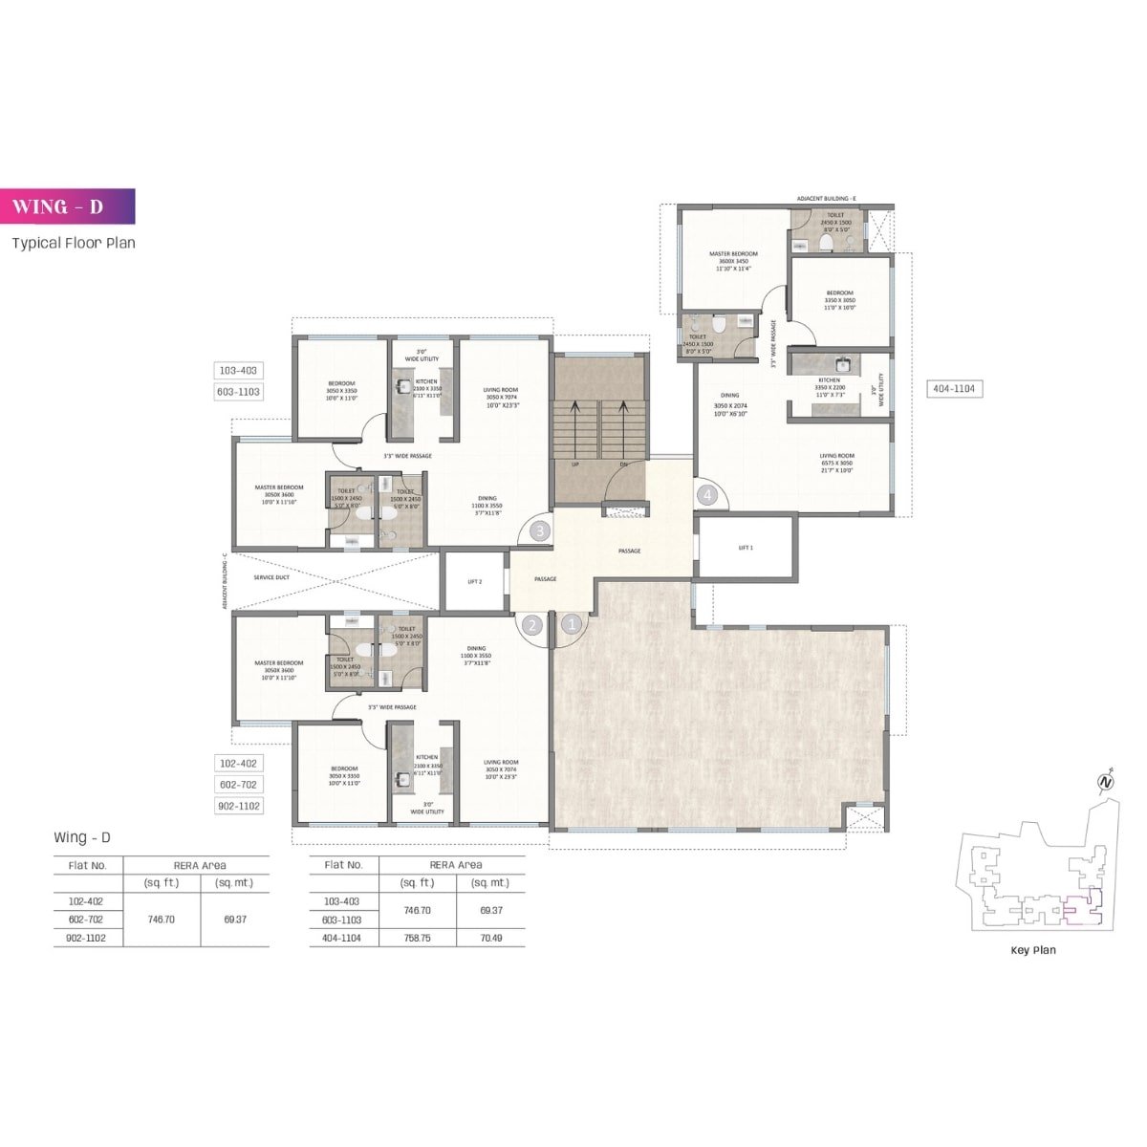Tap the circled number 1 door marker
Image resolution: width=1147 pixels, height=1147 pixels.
tap(572, 625)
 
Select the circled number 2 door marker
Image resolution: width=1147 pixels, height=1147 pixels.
tap(532, 626)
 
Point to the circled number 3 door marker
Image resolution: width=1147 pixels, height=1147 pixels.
tap(540, 530)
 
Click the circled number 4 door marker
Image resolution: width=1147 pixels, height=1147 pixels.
tap(707, 495)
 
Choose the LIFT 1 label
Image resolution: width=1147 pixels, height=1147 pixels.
tap(747, 548)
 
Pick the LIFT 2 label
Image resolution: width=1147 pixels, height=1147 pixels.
tap(474, 581)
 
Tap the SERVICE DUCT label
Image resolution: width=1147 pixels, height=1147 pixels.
tap(271, 577)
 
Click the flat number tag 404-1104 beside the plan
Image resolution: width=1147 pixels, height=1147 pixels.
tap(954, 388)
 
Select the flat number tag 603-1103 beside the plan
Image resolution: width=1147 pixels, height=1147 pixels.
tap(239, 392)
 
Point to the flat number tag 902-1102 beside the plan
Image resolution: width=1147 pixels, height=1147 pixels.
tap(239, 806)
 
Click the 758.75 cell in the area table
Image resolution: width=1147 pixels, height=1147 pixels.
tap(417, 939)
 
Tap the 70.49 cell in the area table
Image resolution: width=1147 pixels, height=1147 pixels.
tap(489, 939)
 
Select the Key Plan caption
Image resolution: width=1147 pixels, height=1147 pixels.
tap(1033, 950)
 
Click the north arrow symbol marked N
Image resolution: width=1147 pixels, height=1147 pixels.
tap(1106, 781)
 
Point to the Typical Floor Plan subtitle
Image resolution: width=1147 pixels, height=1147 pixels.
tap(74, 243)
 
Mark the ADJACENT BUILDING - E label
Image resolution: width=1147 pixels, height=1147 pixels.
tap(827, 199)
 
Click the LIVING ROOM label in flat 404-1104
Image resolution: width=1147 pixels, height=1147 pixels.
tap(836, 456)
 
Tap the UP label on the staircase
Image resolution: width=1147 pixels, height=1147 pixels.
tap(575, 465)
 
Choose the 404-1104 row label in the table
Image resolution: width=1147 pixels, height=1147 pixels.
tap(343, 939)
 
